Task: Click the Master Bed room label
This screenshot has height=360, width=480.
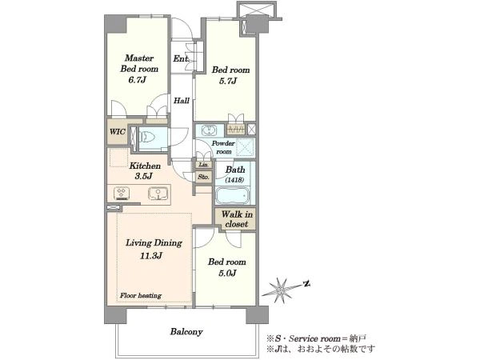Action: point(139,63)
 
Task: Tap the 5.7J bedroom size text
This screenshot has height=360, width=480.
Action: point(228,81)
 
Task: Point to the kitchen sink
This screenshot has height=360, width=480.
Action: point(158,194)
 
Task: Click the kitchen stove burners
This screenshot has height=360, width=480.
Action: point(122,194)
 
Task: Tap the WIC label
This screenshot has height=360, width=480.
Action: point(118,132)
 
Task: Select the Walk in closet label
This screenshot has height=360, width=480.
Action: point(237,219)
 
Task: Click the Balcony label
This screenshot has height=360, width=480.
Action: point(186,332)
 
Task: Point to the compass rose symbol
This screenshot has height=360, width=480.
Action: point(281,289)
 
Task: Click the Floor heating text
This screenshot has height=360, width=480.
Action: point(141,296)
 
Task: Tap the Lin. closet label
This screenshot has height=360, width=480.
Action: point(203,165)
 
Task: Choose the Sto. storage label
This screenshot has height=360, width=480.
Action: point(203,177)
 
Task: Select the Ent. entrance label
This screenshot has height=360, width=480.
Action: point(180,58)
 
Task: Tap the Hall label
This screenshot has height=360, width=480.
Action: point(182,101)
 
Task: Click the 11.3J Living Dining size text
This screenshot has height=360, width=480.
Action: point(151,256)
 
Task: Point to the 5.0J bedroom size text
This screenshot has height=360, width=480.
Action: point(227,274)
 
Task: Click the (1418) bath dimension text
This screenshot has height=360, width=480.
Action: point(234,180)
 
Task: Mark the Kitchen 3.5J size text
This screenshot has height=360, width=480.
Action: point(143,177)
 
